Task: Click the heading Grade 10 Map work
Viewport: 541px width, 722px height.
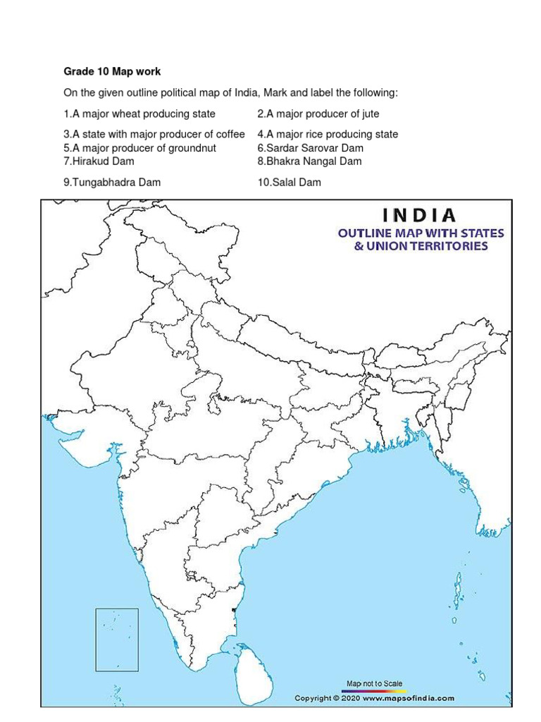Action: click(112, 72)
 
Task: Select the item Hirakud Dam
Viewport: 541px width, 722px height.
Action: click(99, 161)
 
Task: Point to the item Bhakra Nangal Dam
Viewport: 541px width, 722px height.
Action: click(309, 161)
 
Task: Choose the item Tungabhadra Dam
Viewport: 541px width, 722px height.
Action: click(112, 182)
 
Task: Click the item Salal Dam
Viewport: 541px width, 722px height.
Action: click(289, 182)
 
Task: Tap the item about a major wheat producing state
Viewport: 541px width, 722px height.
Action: click(139, 114)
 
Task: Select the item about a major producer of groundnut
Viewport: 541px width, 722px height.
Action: click(139, 148)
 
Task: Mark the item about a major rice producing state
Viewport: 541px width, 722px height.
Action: click(328, 134)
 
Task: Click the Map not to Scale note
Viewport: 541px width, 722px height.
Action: click(375, 683)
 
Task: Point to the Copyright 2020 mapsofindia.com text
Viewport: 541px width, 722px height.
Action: click(374, 698)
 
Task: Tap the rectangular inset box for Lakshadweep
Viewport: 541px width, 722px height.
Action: click(117, 630)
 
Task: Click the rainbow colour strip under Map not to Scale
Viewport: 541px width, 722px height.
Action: click(375, 690)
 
